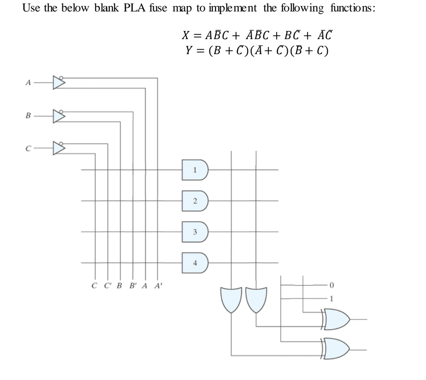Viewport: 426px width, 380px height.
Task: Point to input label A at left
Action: [26, 83]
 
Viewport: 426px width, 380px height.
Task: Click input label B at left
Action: [26, 117]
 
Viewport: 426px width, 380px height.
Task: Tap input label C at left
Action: [26, 149]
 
